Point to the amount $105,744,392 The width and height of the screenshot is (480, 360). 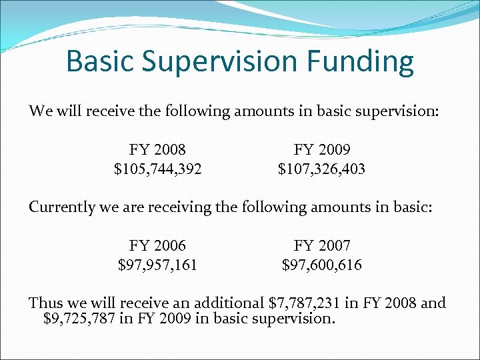pyautogui.click(x=158, y=169)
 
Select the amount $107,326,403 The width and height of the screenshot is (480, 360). pyautogui.click(x=321, y=169)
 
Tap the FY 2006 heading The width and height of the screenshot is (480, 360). pyautogui.click(x=158, y=245)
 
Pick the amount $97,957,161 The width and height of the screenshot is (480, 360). pyautogui.click(x=158, y=265)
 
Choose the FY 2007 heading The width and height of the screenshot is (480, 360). pyautogui.click(x=321, y=245)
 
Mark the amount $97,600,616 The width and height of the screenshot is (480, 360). pyautogui.click(x=321, y=265)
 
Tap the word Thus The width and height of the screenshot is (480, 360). pyautogui.click(x=44, y=303)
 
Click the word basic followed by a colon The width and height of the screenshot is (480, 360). pyautogui.click(x=414, y=207)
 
